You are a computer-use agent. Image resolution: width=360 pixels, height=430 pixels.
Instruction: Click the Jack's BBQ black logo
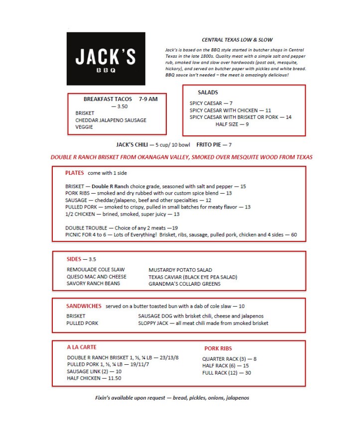click(x=106, y=59)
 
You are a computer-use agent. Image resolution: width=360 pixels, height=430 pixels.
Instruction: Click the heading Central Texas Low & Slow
click(x=237, y=40)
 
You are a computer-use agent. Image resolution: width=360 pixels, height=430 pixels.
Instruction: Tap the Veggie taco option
click(x=84, y=127)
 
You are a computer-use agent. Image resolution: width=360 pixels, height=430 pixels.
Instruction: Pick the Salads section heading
click(x=208, y=93)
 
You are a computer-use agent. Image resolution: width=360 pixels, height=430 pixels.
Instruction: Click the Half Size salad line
click(x=232, y=124)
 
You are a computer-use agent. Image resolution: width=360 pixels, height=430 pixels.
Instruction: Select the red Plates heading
click(x=74, y=173)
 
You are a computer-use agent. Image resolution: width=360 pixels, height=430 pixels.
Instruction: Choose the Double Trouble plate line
click(x=121, y=227)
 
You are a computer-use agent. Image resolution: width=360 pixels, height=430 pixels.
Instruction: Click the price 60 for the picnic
click(x=294, y=234)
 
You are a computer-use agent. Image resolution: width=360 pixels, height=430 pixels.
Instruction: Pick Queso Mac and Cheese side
click(x=97, y=277)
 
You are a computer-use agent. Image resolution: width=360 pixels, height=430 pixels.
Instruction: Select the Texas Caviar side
click(x=193, y=277)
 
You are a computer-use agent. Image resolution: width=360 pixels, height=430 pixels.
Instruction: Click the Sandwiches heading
click(x=84, y=306)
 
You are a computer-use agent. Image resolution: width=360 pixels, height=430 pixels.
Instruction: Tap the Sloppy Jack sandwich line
click(x=203, y=323)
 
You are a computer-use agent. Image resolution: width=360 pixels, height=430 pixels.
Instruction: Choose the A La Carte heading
click(x=82, y=347)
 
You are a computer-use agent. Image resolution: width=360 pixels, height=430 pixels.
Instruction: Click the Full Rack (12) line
click(x=227, y=373)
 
